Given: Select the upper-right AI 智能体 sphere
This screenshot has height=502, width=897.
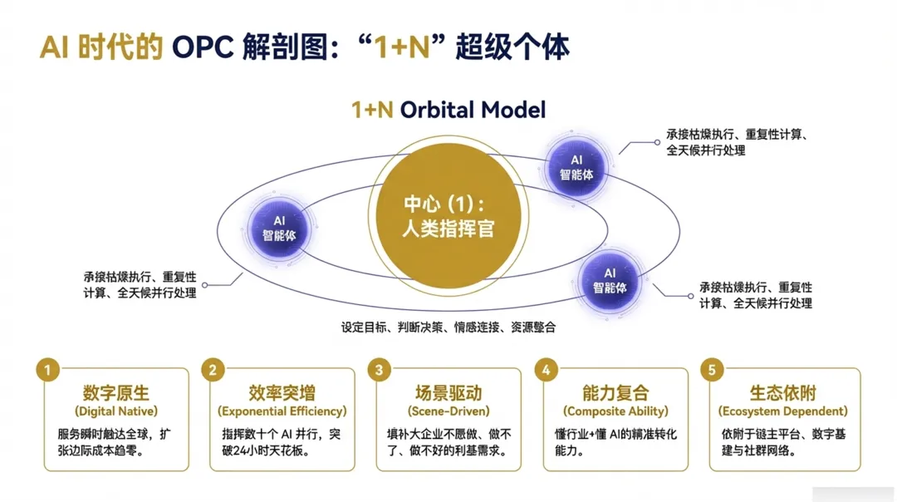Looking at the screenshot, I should point(576,165).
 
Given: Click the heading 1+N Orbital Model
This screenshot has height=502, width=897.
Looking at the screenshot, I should point(448,109).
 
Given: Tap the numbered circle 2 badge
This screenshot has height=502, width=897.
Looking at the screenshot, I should point(213,369).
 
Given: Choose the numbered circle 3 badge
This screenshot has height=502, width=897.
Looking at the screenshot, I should point(380,369).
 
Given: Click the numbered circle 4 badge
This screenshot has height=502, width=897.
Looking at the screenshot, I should point(546,369).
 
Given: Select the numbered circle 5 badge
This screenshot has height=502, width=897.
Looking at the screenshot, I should point(712,369).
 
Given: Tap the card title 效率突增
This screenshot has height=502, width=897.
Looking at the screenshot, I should point(282,392).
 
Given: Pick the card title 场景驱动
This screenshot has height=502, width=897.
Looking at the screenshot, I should point(448,392).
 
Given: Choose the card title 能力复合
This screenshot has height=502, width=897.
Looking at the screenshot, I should point(615,392).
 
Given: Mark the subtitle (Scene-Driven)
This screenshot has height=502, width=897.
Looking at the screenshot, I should point(448,411).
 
